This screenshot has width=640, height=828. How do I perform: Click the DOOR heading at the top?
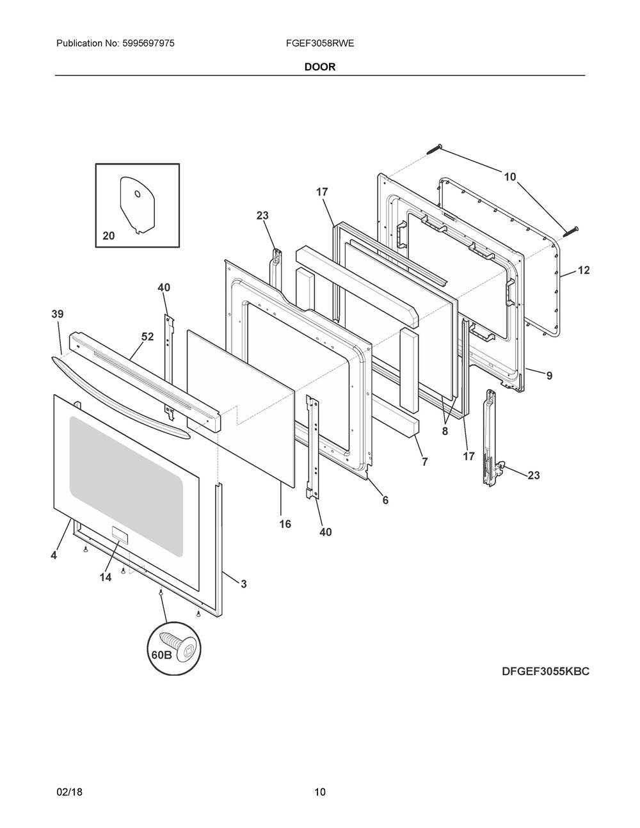[x=319, y=67]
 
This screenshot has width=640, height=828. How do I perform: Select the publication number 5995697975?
[x=148, y=44]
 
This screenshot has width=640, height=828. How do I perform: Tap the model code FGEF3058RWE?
[x=319, y=44]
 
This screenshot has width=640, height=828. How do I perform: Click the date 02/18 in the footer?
[x=69, y=781]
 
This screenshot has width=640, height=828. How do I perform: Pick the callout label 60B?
[x=162, y=655]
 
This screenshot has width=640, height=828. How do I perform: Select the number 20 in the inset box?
[x=109, y=236]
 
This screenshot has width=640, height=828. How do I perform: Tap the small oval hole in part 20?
[x=138, y=194]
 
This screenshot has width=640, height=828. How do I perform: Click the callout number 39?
[x=58, y=314]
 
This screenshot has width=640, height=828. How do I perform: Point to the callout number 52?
[x=147, y=337]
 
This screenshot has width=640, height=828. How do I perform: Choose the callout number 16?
[x=285, y=524]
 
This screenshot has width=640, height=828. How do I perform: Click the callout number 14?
[x=106, y=577]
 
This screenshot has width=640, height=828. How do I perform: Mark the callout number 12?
[x=584, y=270]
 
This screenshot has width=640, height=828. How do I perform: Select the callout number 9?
[x=549, y=376]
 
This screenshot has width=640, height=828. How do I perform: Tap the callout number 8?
[x=445, y=432]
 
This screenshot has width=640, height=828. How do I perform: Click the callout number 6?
[x=385, y=500]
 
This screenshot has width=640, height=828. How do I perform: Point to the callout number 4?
[x=54, y=555]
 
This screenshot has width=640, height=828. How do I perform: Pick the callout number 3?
[x=243, y=584]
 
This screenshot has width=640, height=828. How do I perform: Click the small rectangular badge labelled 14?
[x=120, y=532]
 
